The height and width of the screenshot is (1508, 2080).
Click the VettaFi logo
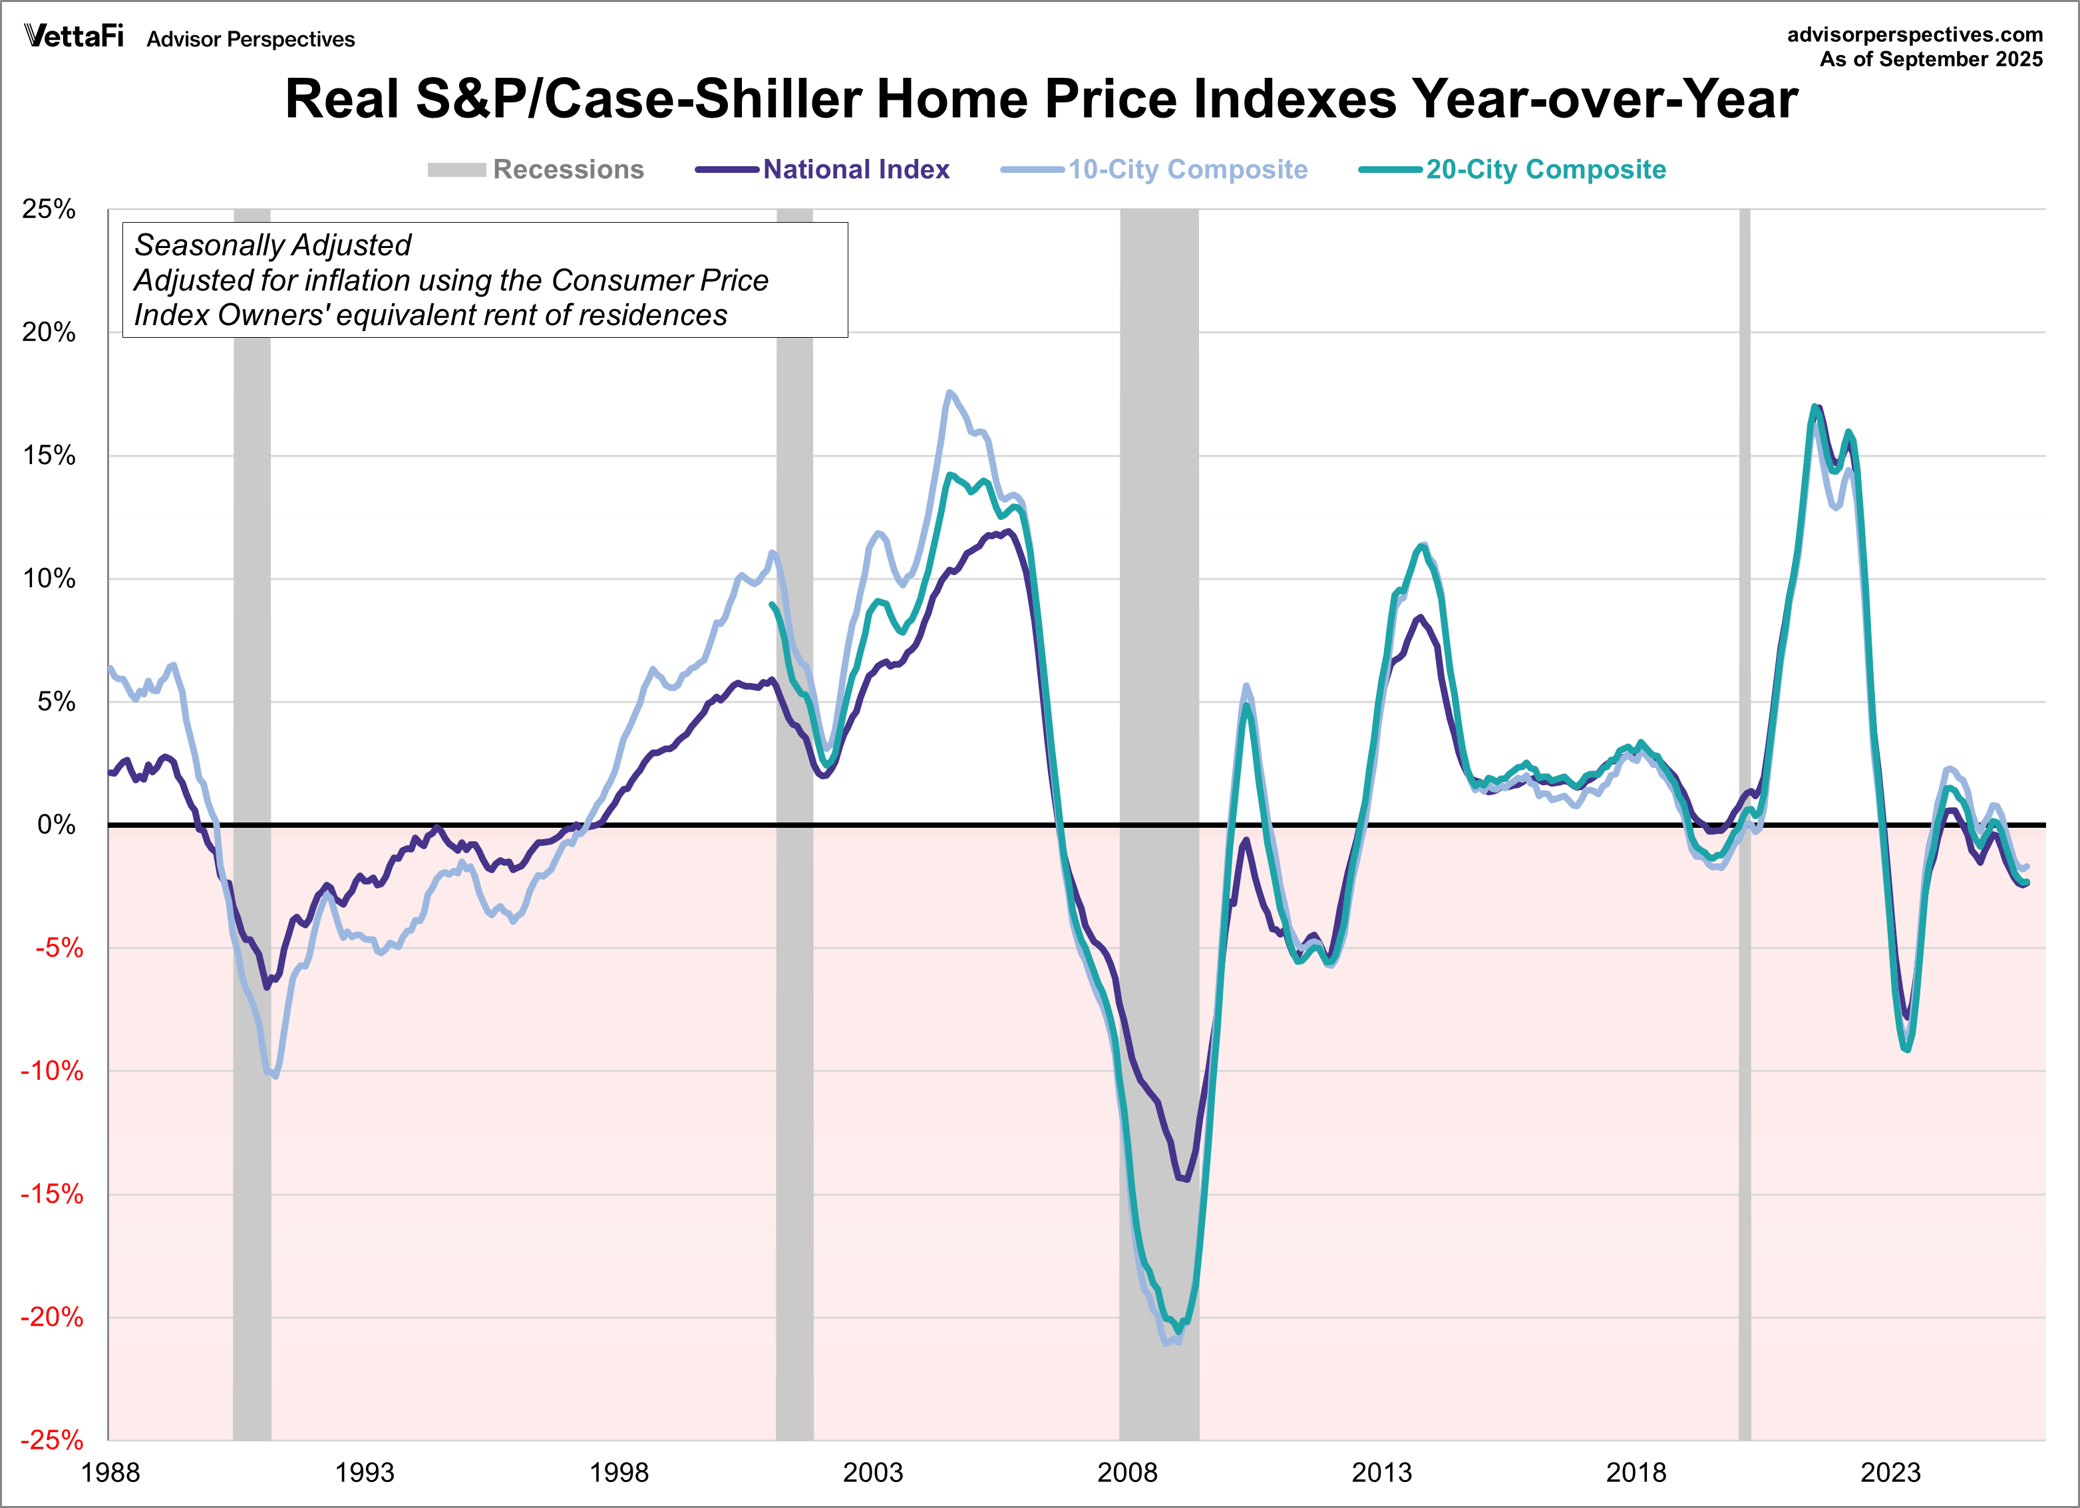pos(73,36)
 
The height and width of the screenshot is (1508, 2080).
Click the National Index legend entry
pos(855,170)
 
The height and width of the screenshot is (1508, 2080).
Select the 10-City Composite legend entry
pos(1187,170)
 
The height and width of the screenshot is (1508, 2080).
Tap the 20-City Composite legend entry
pos(1545,170)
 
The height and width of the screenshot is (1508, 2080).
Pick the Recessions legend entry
pos(567,170)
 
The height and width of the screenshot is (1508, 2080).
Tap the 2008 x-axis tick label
pos(1127,1472)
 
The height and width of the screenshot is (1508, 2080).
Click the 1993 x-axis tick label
pos(364,1472)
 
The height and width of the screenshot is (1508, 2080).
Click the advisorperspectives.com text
pos(1914,34)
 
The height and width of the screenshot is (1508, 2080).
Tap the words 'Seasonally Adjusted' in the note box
pos(272,245)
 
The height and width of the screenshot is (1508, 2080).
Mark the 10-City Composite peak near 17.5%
pos(950,392)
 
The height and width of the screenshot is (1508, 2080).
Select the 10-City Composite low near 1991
pos(275,1076)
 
